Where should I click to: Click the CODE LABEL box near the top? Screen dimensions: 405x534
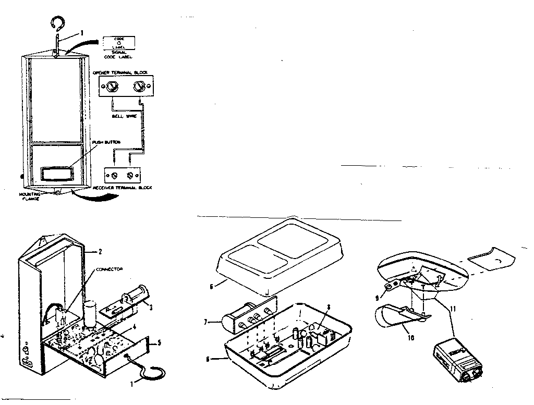click(x=118, y=43)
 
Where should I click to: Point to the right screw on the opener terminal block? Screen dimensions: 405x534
click(x=139, y=87)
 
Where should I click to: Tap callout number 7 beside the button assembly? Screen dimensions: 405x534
click(x=208, y=323)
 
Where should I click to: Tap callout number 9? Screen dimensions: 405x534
click(x=378, y=299)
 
